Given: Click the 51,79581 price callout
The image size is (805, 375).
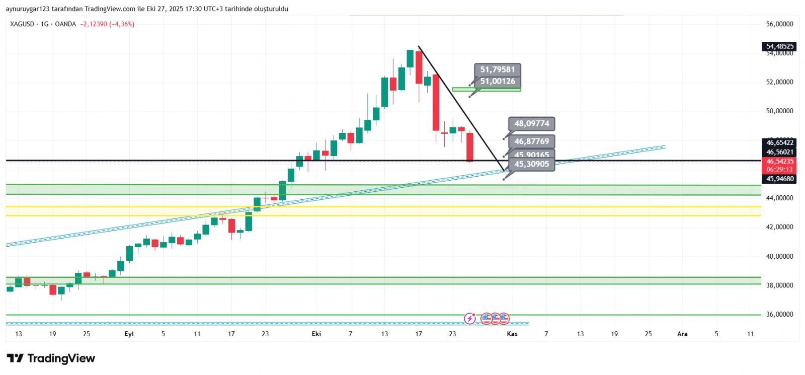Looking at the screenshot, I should click(497, 69).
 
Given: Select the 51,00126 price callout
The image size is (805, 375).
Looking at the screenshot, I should click(497, 81).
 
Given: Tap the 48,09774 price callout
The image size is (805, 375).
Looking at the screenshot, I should click(531, 123).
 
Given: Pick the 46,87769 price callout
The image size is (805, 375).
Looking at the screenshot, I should click(531, 141).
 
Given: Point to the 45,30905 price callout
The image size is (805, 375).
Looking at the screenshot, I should click(531, 164).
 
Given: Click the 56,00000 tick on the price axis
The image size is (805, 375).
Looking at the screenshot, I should click(779, 24).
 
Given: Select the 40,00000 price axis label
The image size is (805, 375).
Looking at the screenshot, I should click(779, 256).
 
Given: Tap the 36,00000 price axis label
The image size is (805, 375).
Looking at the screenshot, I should click(779, 314).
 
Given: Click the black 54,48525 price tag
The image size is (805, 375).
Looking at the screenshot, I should click(779, 46).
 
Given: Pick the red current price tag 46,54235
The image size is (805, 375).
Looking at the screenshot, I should click(779, 162).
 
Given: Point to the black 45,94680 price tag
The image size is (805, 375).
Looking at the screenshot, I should click(779, 179).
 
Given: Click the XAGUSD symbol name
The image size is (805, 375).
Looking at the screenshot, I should click(22, 24).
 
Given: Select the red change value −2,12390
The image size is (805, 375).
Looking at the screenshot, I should click(94, 24).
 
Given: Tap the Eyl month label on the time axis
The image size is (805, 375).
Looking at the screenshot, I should click(129, 334).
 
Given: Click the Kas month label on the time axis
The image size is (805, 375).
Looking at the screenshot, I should click(512, 334).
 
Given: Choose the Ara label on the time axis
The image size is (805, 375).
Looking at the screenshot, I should click(682, 334).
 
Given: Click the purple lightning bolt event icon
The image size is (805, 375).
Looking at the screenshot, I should click(469, 318).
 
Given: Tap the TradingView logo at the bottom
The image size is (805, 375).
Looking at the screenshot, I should click(51, 358).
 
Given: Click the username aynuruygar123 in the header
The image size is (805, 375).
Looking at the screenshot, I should click(27, 9).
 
